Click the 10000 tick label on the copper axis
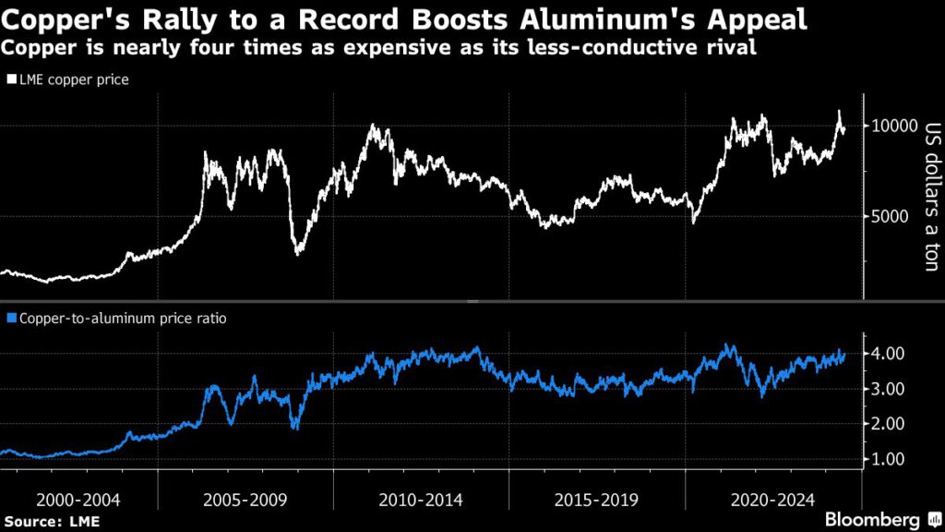892,127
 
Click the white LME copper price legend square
11,80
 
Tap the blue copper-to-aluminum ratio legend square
11,319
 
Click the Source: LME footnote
51,522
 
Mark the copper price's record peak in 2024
839,112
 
